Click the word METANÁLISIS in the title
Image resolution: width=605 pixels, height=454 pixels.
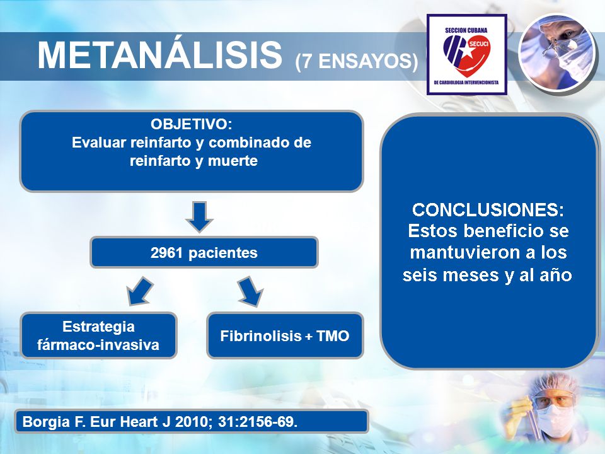[x=159, y=55]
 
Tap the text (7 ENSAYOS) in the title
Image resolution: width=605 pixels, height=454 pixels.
[x=357, y=61]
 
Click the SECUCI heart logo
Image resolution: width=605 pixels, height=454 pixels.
[x=467, y=55]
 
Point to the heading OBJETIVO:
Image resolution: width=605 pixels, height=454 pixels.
[x=192, y=124]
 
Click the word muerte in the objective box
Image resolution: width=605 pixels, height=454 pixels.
[x=233, y=161]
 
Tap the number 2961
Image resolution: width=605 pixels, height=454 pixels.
[x=166, y=253]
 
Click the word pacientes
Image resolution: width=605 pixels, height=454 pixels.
[x=222, y=253]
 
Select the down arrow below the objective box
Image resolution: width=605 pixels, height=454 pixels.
[x=199, y=216]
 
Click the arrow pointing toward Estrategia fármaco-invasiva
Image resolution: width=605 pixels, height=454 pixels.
[x=140, y=291]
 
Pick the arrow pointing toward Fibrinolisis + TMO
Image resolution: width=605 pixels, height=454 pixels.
[x=250, y=291]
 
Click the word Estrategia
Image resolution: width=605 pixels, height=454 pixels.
[x=98, y=327]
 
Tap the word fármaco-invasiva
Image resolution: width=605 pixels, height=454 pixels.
[x=98, y=344]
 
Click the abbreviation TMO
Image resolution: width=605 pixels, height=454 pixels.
[x=333, y=336]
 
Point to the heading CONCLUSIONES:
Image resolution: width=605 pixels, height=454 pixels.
[x=488, y=209]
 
